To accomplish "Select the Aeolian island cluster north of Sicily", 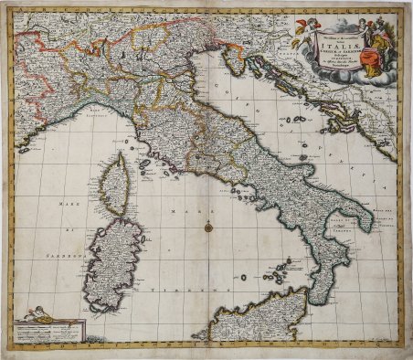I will pyautogui.click(x=273, y=273).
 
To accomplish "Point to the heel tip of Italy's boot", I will pyautogui.click(x=369, y=223).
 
